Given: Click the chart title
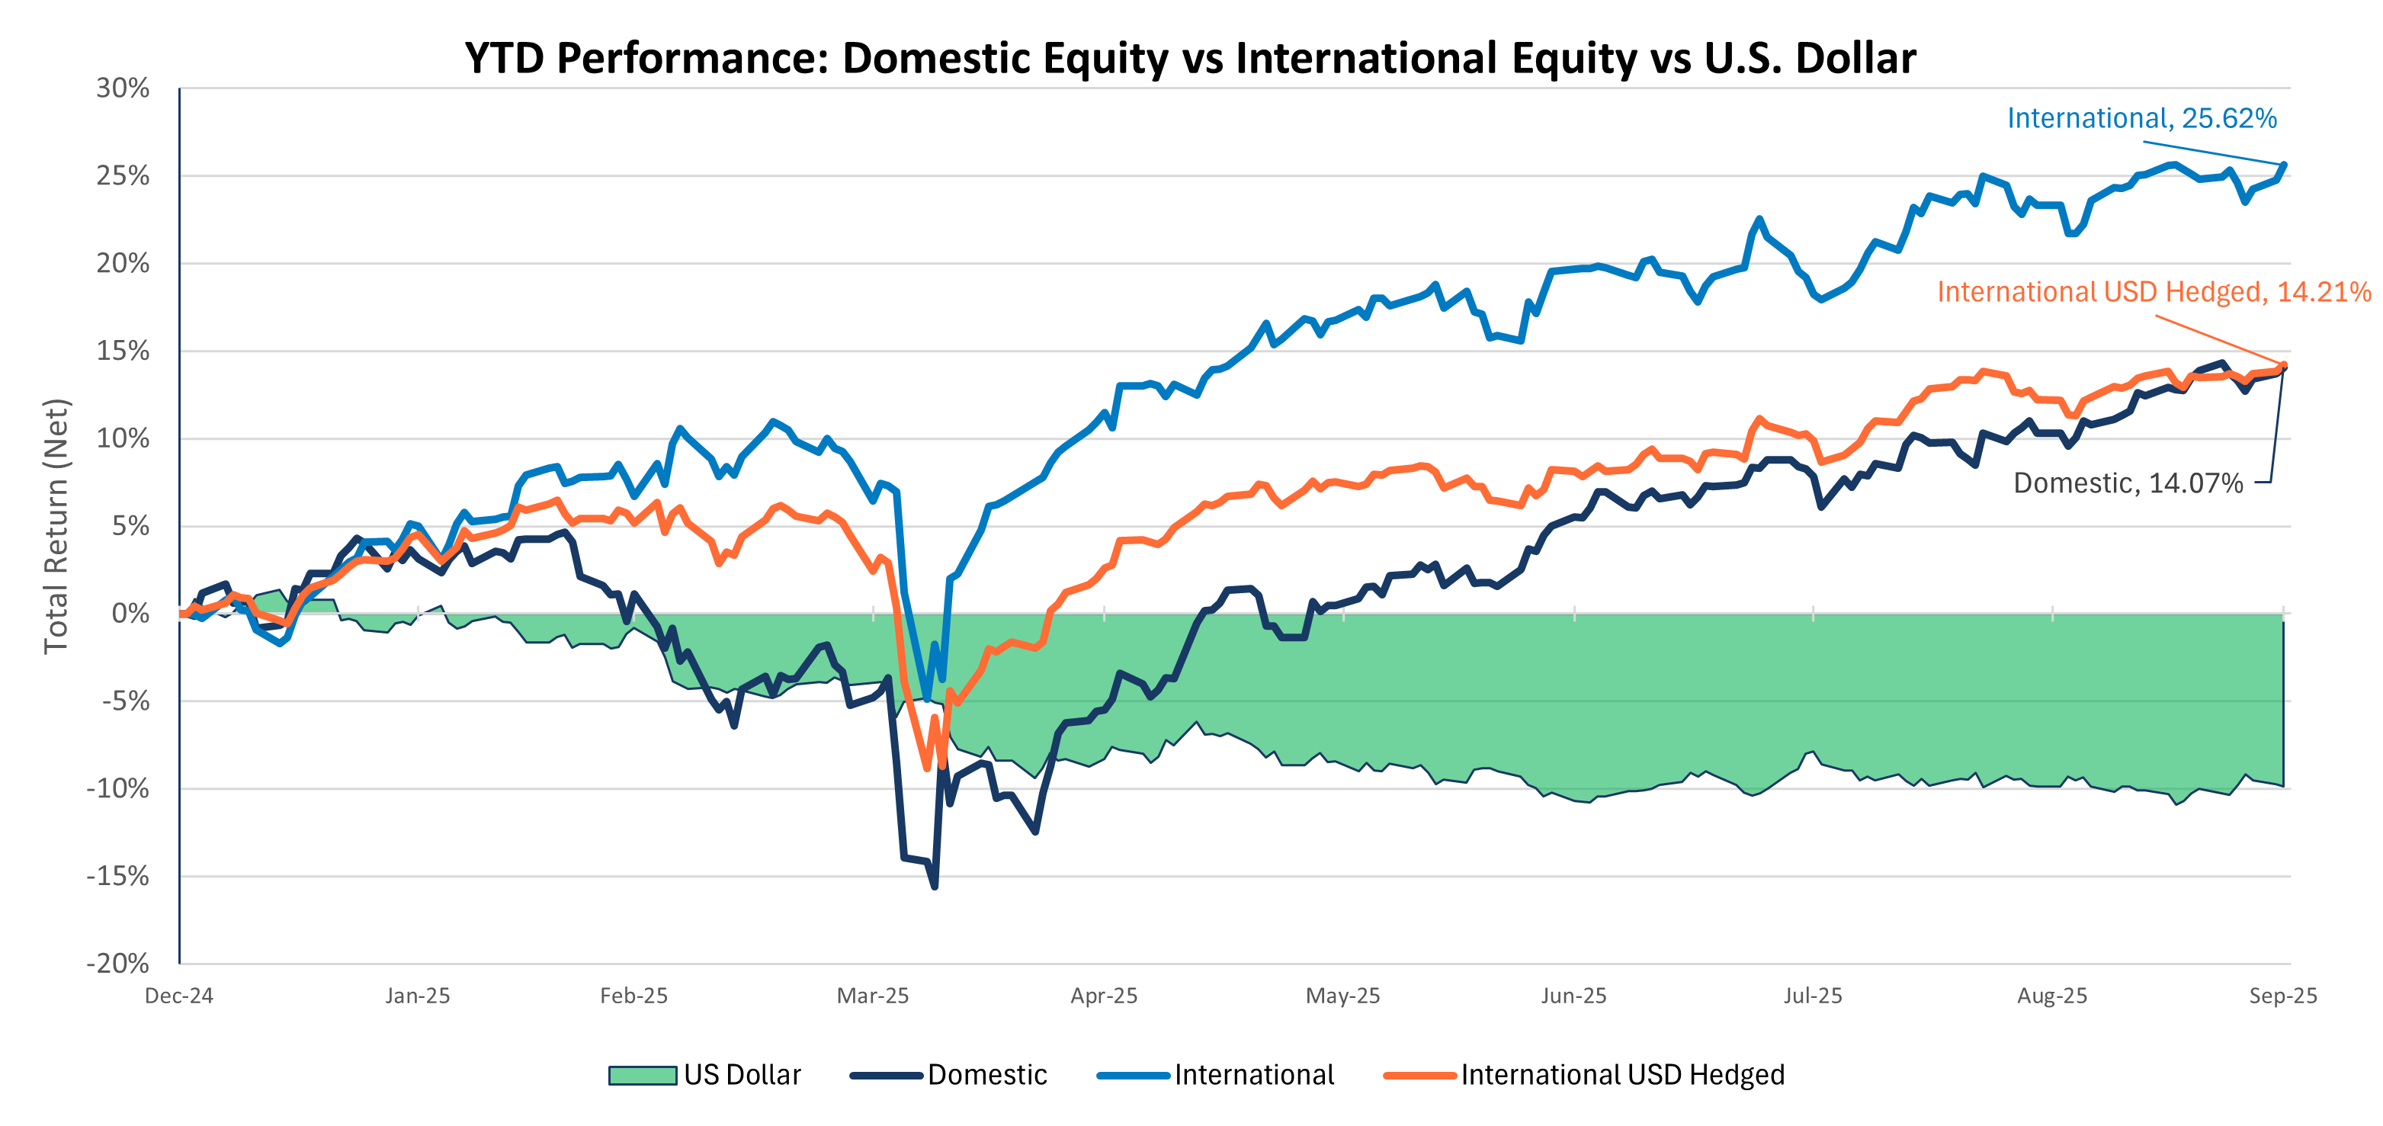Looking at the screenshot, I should (x=1190, y=57).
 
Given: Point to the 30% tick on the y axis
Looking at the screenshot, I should (x=123, y=89).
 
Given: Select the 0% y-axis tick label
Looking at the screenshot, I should (x=130, y=614).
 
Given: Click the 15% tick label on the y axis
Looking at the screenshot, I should (x=123, y=351).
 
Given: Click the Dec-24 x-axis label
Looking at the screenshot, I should (x=178, y=996).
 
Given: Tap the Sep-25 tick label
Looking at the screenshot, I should (x=2282, y=996).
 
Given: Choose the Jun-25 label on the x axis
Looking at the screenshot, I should (x=1573, y=996).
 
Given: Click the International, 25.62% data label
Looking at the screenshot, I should (x=2141, y=118).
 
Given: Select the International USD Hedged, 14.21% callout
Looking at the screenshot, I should (x=2154, y=293).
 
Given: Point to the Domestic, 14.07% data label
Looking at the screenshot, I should (x=2128, y=483).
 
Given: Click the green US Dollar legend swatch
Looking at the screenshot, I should (x=642, y=1075).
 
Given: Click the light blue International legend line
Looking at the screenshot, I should (x=1134, y=1075).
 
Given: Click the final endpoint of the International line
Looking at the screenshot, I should (x=2284, y=165).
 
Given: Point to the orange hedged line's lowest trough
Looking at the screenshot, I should (x=928, y=768).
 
